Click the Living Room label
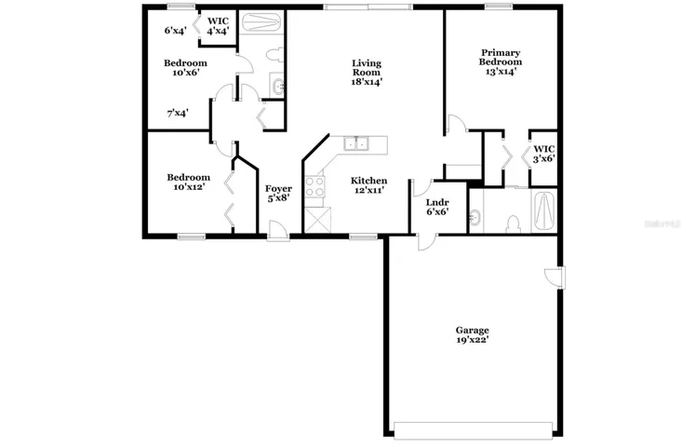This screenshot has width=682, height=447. coord(367,68)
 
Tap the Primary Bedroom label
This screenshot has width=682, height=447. coord(501,57)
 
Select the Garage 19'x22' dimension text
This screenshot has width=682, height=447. coord(473,340)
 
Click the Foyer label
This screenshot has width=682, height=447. coord(278,188)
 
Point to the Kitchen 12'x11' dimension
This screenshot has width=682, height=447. coord(368,190)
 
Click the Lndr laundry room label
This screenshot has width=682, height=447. coord(437,202)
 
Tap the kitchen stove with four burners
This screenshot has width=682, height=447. coord(314,186)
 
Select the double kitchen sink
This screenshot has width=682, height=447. coord(355,143)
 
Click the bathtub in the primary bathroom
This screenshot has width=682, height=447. coord(543,211)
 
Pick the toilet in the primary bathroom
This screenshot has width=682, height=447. coord(514,224)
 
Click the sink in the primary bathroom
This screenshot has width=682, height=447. coord(475,216)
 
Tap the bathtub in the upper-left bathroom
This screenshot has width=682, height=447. coord(261,21)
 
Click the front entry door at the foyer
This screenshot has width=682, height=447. coord(278,230)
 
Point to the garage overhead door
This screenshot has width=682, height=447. coord(473,430)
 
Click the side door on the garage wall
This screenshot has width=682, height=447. coord(555,277)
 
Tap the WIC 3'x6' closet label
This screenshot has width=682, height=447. coord(543,154)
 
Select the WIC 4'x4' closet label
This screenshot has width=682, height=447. coord(218,26)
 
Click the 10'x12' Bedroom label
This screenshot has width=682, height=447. coord(188,182)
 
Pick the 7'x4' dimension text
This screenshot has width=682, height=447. coord(178,114)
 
